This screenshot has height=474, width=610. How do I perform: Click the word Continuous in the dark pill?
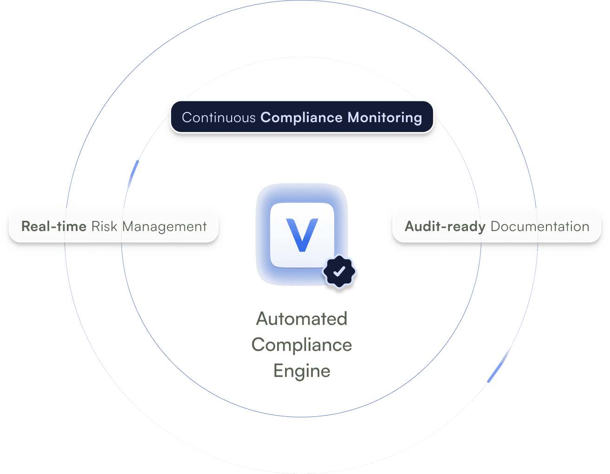coord(219,118)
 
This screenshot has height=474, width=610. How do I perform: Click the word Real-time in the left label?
coord(54,226)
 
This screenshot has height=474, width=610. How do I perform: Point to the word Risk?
coord(104,226)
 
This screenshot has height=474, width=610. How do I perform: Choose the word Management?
coord(164,226)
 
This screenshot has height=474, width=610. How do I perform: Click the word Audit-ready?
coord(445,226)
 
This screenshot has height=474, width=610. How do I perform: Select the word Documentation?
coord(539,226)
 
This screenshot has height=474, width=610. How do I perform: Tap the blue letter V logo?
coord(302,235)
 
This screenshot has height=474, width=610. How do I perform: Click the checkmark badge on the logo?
coord(340,271)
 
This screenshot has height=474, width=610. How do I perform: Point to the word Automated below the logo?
coord(302,319)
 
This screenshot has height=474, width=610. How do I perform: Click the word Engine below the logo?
coord(302,371)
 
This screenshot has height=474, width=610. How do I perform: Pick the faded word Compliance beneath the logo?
coord(302,345)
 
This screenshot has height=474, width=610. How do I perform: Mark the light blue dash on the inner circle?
coord(133,175)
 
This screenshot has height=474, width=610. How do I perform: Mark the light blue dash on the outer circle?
coord(499,366)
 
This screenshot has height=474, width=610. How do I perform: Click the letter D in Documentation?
coord(495,226)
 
